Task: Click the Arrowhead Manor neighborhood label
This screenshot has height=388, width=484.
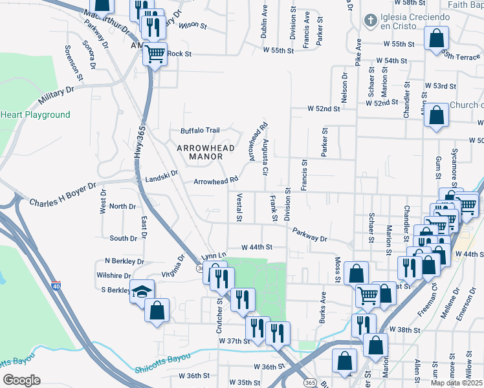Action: click(x=204, y=151)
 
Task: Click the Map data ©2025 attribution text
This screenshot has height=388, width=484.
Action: click(x=456, y=383)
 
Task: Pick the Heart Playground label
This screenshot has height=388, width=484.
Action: click(x=35, y=115)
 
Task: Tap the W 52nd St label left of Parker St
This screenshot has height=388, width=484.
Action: click(x=325, y=109)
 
